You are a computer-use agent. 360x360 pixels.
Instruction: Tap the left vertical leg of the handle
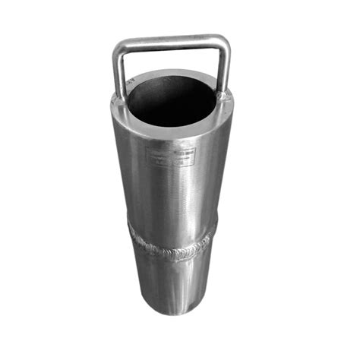tap(118, 72)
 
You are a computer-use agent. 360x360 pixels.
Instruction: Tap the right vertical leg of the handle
tap(225, 68)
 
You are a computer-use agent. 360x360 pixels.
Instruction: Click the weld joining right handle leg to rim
tap(223, 96)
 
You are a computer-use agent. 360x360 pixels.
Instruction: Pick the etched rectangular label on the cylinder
tap(170, 157)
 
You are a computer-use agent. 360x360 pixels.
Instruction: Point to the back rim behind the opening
tap(171, 74)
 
